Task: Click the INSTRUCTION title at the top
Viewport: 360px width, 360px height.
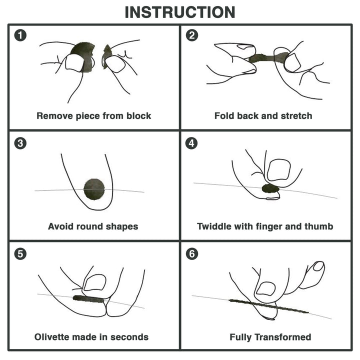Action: click(x=180, y=12)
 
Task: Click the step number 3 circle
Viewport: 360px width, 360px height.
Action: click(x=20, y=143)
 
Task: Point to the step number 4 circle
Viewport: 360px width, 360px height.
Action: click(x=191, y=143)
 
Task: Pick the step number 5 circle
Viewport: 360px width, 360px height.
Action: click(x=20, y=253)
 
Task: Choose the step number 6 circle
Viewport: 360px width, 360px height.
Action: click(x=191, y=253)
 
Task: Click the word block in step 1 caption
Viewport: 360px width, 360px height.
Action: click(x=138, y=116)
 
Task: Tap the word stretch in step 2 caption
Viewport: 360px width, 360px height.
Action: click(x=295, y=116)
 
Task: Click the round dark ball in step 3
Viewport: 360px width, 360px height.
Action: click(x=94, y=188)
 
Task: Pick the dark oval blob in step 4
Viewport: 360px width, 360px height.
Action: click(x=270, y=188)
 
